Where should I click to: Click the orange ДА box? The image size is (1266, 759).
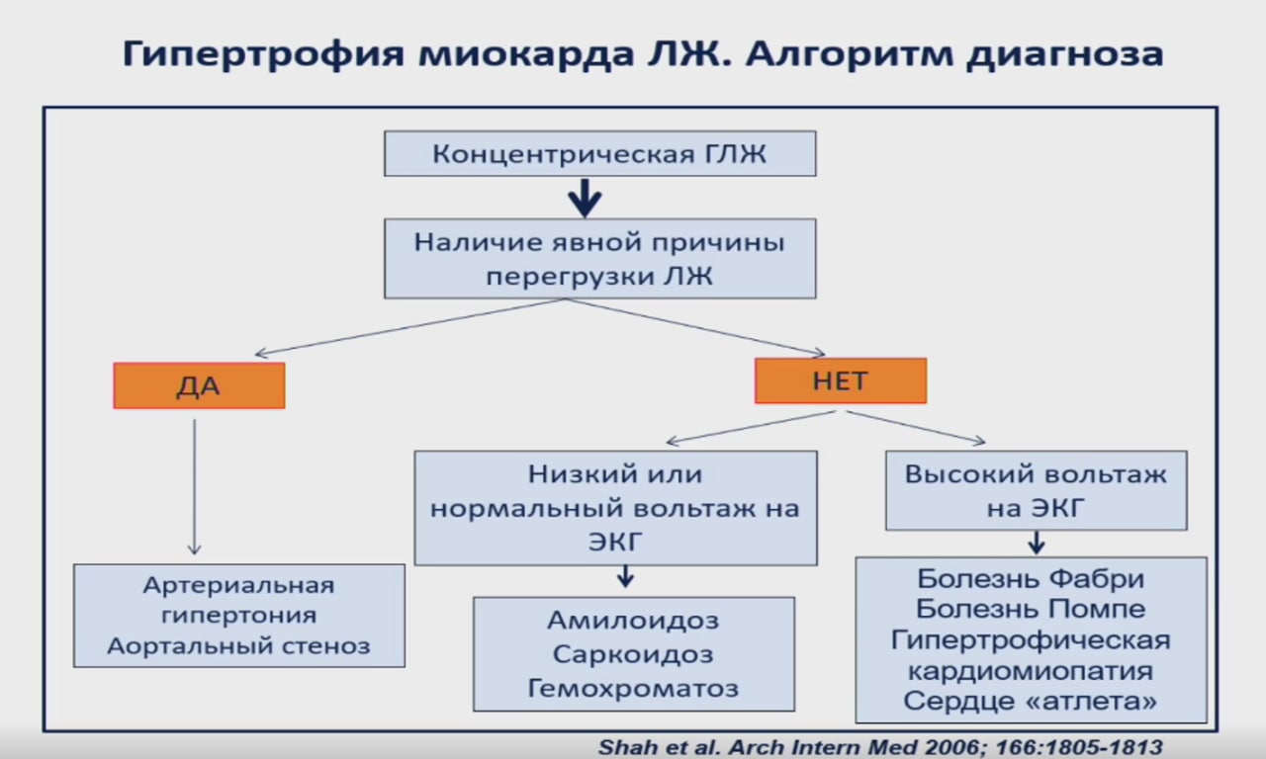[x=199, y=385]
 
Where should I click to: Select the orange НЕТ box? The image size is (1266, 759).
[x=840, y=380]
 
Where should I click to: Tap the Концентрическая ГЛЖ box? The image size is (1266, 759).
[x=599, y=154]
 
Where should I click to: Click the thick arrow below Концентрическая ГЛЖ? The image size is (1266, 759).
[x=585, y=198]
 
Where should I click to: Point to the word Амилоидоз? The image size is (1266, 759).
[x=633, y=621]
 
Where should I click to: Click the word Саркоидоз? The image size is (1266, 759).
[x=633, y=654]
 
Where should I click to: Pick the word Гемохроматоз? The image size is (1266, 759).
[x=633, y=688]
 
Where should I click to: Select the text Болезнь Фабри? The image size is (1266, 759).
[x=1031, y=578]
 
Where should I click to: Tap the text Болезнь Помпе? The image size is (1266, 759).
[x=1031, y=609]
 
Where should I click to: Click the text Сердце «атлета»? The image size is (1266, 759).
[x=1031, y=702]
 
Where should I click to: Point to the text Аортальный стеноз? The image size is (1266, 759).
[x=238, y=646]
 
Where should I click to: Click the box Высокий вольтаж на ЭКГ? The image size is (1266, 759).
[x=1036, y=490]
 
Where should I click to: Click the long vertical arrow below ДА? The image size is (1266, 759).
[x=194, y=484]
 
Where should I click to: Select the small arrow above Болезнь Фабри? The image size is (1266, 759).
[x=1036, y=543]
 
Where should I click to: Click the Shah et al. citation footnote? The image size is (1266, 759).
[x=880, y=747]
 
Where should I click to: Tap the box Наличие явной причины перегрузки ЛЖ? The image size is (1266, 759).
[x=599, y=259]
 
